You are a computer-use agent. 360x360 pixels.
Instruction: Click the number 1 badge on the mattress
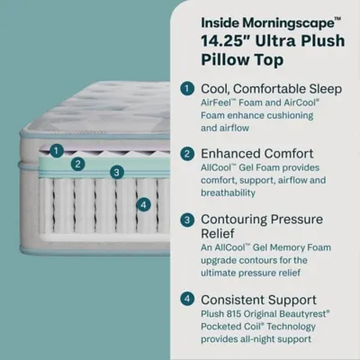click(57, 151)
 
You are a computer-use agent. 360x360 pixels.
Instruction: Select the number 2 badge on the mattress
click(78, 164)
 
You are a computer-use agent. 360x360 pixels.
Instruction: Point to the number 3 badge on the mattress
click(116, 172)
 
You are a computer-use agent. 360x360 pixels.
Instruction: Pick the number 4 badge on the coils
click(142, 204)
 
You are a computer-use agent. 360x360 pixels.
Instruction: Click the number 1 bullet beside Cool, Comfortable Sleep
click(186, 88)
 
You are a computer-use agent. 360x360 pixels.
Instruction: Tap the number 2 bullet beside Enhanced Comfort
click(186, 153)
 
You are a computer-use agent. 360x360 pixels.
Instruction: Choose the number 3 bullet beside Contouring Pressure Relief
click(186, 218)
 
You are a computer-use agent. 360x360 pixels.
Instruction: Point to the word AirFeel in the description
click(221, 104)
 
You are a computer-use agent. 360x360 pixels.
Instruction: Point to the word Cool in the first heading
click(216, 88)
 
